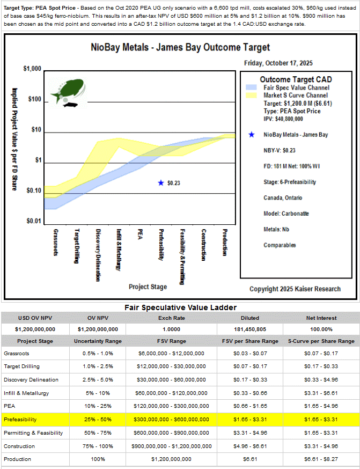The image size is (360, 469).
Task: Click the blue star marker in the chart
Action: click(x=160, y=183)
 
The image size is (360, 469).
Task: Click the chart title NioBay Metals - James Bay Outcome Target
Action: click(x=180, y=48)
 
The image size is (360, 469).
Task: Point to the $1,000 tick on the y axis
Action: click(x=33, y=70)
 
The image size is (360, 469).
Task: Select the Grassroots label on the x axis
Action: click(x=56, y=243)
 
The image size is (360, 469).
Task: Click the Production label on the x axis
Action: click(x=225, y=243)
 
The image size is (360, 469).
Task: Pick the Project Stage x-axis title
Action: click(x=148, y=287)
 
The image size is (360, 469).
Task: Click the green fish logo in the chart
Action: click(x=68, y=90)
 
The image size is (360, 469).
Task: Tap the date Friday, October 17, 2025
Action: click(x=278, y=63)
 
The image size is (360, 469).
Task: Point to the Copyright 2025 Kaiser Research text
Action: click(x=295, y=289)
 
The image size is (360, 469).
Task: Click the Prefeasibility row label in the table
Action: click(x=19, y=419)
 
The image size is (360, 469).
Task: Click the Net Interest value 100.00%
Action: click(x=321, y=329)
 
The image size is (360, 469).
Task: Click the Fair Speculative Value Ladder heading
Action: click(x=180, y=307)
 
